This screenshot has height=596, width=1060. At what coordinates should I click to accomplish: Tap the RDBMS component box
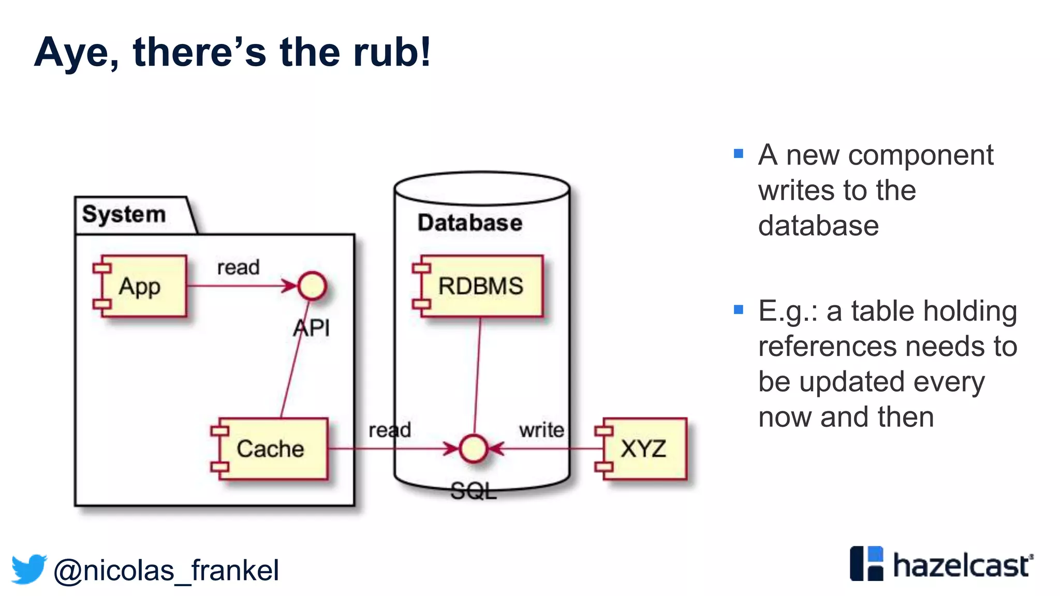(x=481, y=286)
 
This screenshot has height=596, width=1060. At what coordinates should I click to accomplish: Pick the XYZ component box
(x=644, y=449)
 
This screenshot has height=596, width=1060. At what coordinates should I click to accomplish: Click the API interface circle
(x=312, y=286)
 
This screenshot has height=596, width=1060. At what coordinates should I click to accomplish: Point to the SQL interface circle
(x=474, y=449)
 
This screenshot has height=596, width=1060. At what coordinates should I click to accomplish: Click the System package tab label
(x=124, y=214)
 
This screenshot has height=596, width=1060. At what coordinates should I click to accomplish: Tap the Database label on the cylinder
(x=470, y=223)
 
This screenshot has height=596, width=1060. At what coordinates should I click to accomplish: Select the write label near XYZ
(x=541, y=430)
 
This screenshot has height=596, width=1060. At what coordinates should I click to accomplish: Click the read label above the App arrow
(x=238, y=267)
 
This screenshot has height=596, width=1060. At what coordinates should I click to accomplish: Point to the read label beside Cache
(x=390, y=430)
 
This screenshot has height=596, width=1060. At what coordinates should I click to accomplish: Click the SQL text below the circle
(x=473, y=491)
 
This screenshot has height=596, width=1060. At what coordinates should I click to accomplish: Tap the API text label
(x=312, y=328)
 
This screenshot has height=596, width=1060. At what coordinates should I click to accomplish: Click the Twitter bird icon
(x=29, y=569)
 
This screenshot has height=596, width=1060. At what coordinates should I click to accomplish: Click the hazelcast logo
(x=941, y=564)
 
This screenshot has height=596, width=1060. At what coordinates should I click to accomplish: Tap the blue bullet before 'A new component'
(x=739, y=154)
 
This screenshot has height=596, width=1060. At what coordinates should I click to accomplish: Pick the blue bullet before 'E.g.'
(x=739, y=310)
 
